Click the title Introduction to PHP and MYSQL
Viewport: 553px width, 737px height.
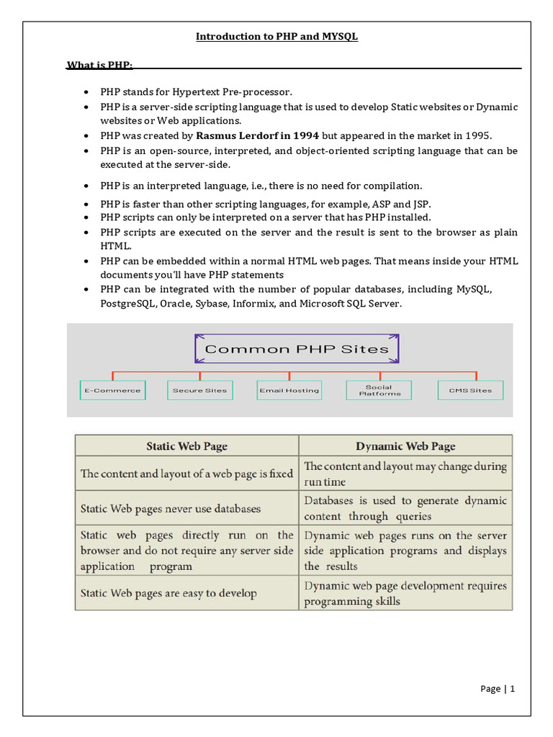277,37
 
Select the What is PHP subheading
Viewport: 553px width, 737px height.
99,65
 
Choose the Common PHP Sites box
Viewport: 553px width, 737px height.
297,350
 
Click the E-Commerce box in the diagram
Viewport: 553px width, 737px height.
112,390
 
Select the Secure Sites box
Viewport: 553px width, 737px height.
199,390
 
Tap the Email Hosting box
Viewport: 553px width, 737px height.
288,390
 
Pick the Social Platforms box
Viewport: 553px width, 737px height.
379,390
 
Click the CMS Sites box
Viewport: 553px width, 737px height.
470,390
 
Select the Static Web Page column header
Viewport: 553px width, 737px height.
186,446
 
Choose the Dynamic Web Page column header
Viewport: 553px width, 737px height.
405,446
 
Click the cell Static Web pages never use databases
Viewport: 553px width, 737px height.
171,509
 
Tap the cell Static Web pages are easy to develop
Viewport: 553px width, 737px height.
168,594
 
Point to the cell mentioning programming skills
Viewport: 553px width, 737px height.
405,594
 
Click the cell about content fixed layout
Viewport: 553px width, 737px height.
186,474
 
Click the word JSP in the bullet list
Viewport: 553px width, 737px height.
421,204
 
